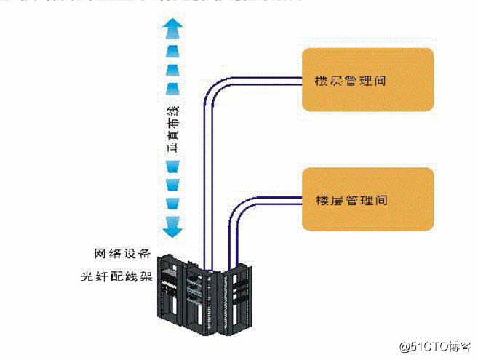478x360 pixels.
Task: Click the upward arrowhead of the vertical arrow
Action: (x=172, y=28)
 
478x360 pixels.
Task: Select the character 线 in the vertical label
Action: (x=172, y=111)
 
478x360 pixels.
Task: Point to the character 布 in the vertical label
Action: (x=172, y=129)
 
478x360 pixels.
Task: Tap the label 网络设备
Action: (x=123, y=254)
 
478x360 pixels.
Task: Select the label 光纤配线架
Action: (x=117, y=277)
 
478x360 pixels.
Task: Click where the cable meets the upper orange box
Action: (x=301, y=78)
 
